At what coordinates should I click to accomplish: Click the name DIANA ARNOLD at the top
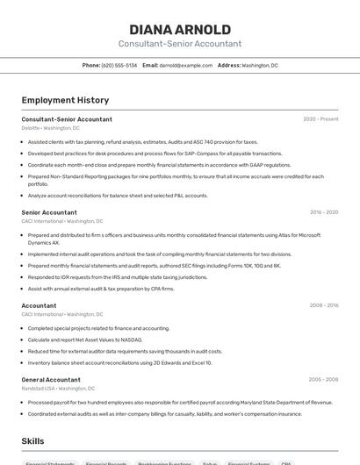click(180, 29)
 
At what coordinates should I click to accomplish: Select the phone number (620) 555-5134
click(119, 65)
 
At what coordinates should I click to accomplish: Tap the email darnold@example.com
click(185, 65)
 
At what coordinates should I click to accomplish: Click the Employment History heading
click(65, 100)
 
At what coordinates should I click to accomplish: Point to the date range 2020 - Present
click(320, 118)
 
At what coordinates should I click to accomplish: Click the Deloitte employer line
click(50, 128)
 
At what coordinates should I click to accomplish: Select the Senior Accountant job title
click(49, 212)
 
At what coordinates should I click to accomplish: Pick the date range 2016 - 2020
click(323, 212)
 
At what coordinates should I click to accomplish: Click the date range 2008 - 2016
click(323, 305)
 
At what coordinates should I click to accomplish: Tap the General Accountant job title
click(51, 380)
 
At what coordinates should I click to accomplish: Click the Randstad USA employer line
click(58, 389)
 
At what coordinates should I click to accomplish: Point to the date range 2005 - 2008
click(323, 380)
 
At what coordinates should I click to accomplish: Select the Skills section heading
click(33, 440)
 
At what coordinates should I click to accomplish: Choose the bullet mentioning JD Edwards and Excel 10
click(119, 362)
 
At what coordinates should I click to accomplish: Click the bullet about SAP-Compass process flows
click(143, 153)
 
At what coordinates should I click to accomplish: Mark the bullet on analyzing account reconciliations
click(118, 196)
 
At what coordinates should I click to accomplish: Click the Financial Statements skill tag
click(50, 462)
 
